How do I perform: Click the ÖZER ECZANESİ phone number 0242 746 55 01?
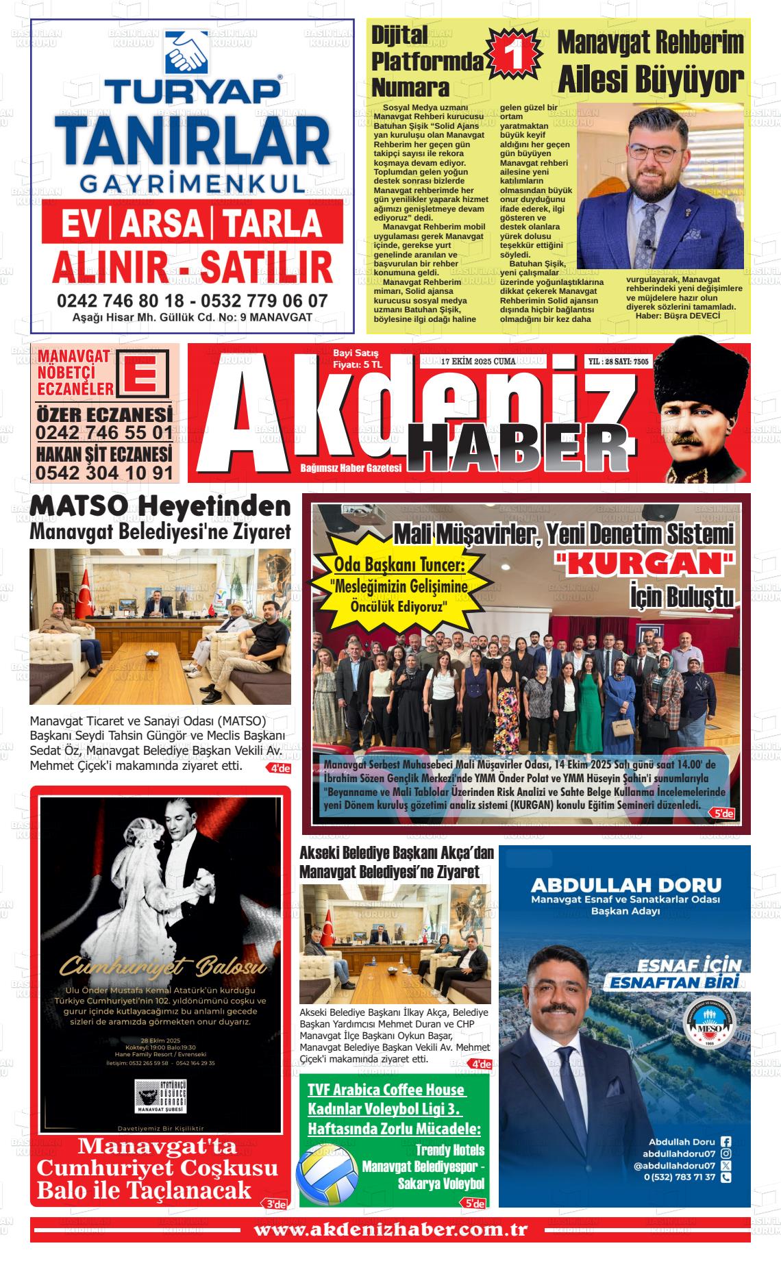coord(104,434)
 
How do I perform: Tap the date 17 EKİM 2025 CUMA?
coord(478,361)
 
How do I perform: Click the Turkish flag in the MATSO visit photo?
coord(86,590)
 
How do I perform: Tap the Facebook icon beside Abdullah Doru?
coord(726,1142)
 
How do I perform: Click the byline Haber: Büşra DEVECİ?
coord(678,315)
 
